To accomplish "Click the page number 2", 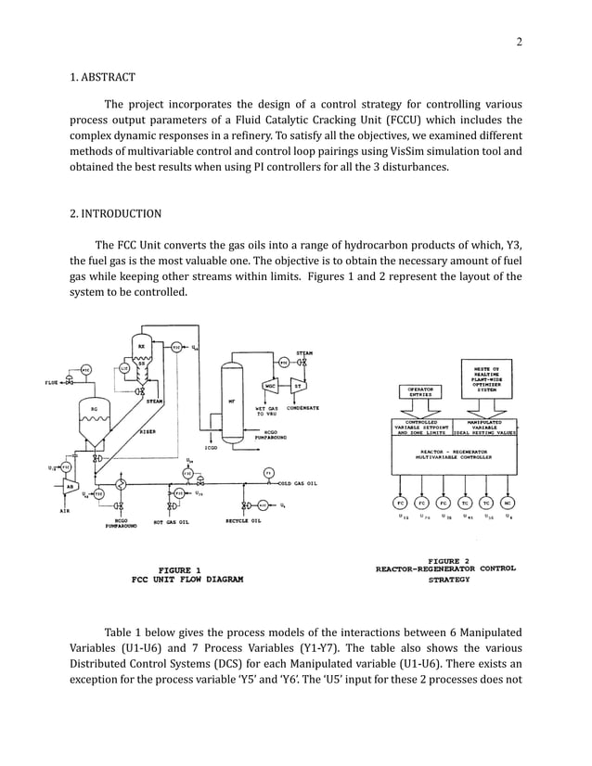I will coord(520,41).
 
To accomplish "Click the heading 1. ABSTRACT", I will coord(103,77).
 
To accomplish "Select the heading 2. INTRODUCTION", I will coord(116,213).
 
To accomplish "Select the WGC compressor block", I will coord(270,386).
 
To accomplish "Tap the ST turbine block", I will coord(299,386).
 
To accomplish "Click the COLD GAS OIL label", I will coord(299,483).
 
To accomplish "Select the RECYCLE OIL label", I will coord(243,521).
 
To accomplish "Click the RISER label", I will coord(147,431).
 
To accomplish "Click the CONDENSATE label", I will coord(304,407).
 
